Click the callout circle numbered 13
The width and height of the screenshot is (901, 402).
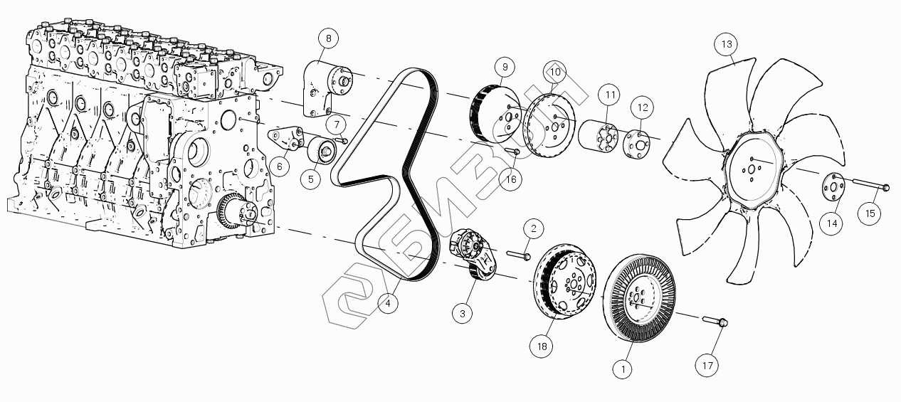[727, 44]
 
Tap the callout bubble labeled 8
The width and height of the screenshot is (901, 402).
[328, 37]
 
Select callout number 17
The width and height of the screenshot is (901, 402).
[707, 366]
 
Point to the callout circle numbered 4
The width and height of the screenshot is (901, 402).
[388, 304]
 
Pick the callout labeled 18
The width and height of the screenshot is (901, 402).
[542, 347]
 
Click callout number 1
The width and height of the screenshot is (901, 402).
[623, 369]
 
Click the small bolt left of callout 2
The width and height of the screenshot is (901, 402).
[517, 253]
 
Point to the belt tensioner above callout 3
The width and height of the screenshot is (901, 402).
[473, 253]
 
